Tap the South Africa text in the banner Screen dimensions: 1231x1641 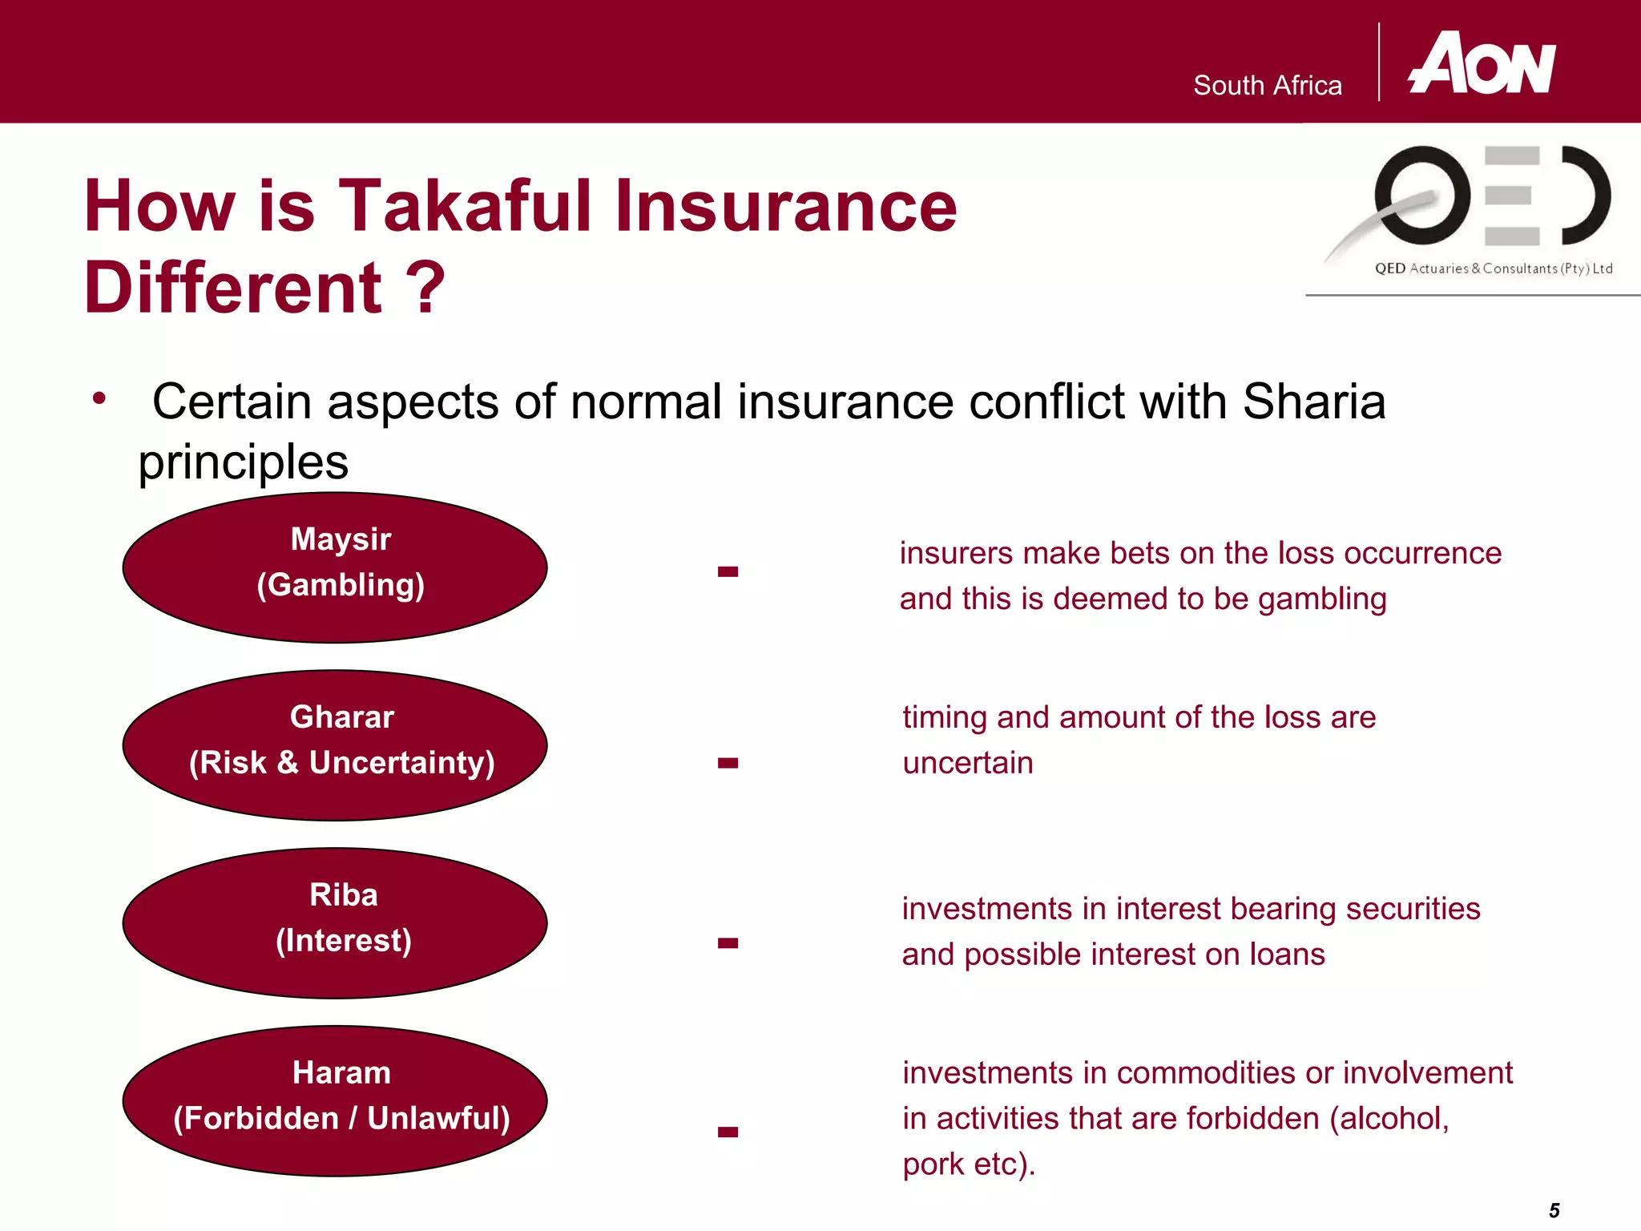click(1267, 86)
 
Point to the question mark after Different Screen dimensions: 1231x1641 click(425, 289)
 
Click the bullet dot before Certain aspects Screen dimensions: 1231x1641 click(99, 398)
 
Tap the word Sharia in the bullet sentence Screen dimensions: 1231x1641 click(1313, 402)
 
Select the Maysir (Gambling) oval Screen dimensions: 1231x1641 click(335, 567)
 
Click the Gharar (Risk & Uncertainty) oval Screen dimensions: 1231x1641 click(335, 745)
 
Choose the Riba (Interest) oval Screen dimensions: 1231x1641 click(335, 923)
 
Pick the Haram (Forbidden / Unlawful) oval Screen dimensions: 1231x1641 click(335, 1101)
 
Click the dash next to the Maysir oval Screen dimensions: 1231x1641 click(728, 571)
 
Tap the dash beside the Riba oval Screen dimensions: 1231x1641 click(728, 943)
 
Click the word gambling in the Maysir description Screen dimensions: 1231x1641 click(1321, 599)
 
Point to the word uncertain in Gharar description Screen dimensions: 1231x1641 click(967, 763)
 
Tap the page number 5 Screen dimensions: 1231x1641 click(1554, 1210)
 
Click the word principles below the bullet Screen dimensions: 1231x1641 click(244, 463)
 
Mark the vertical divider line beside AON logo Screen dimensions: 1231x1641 click(1379, 63)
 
